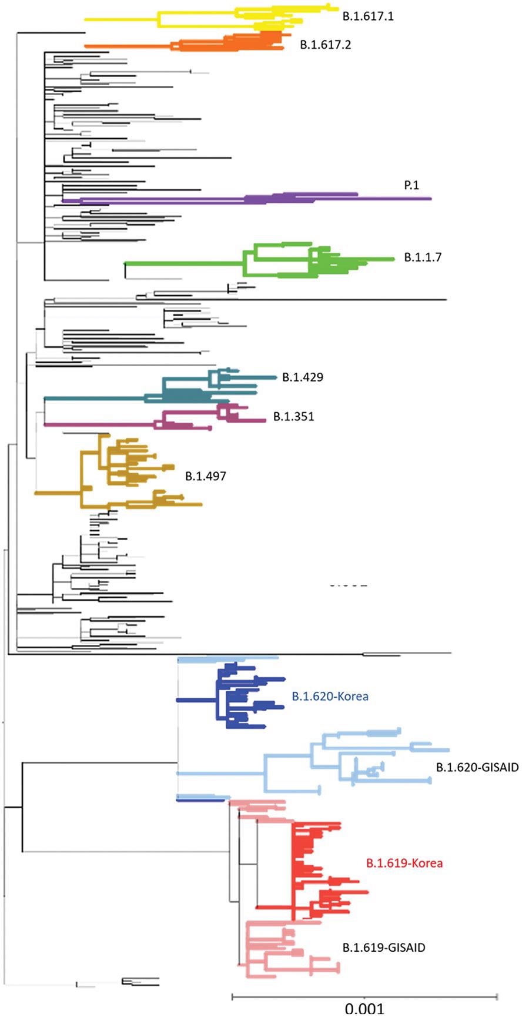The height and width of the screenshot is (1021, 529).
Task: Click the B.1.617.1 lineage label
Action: pyautogui.click(x=368, y=16)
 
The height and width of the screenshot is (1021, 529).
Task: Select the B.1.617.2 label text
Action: pyautogui.click(x=325, y=45)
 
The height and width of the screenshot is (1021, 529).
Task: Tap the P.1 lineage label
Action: pyautogui.click(x=411, y=185)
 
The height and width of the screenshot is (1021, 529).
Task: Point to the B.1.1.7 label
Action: pyautogui.click(x=422, y=257)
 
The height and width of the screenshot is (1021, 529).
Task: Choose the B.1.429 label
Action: pyautogui.click(x=302, y=377)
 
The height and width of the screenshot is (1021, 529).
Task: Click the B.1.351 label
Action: pyautogui.click(x=293, y=417)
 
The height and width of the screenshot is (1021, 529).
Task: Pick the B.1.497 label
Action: pyautogui.click(x=205, y=476)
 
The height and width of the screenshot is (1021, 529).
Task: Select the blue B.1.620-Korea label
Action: pyautogui.click(x=330, y=697)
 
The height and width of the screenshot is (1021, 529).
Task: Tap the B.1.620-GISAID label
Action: pyautogui.click(x=477, y=767)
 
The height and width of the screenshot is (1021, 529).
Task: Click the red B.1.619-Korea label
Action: pyautogui.click(x=404, y=863)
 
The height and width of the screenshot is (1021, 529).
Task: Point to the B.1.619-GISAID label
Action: pyautogui.click(x=383, y=948)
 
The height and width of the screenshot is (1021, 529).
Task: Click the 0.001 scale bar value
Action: pyautogui.click(x=364, y=1009)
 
